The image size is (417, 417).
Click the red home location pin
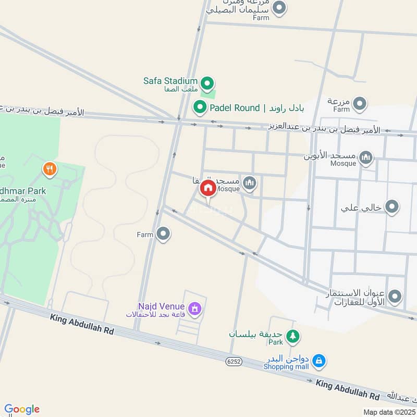pyautogui.click(x=208, y=189)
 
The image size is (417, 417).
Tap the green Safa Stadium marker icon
pyautogui.click(x=207, y=82)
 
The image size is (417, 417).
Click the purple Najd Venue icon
pyautogui.click(x=194, y=309)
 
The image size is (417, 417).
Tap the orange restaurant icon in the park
pyautogui.click(x=50, y=168)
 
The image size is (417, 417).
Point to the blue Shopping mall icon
pyautogui.click(x=319, y=360)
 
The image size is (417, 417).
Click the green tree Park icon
pyautogui.click(x=293, y=336)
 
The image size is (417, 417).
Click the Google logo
pyautogui.click(x=22, y=409)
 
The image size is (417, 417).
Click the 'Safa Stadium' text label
pyautogui.click(x=170, y=81)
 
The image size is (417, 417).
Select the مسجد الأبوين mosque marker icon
pyautogui.click(x=366, y=157)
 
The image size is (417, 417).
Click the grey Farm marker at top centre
pyautogui.click(x=280, y=8)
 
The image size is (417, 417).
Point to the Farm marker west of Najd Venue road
pyautogui.click(x=164, y=234)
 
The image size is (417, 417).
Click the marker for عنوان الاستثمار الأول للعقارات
pyautogui.click(x=395, y=297)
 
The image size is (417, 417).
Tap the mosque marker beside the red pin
pyautogui.click(x=250, y=182)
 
